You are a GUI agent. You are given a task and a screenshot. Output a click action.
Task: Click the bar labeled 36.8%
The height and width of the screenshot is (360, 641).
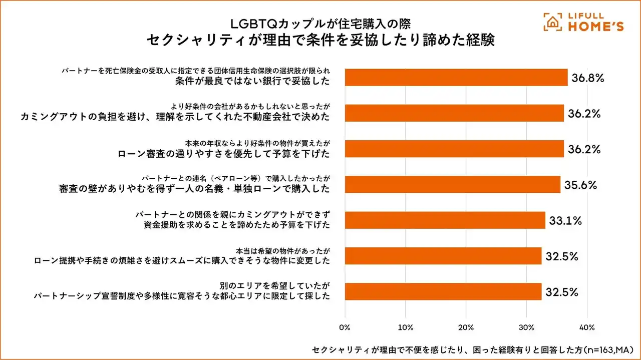point(456,78)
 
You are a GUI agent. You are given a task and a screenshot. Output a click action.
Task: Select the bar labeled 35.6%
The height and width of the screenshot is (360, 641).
point(453,184)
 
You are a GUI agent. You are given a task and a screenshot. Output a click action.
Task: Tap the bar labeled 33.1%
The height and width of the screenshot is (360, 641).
point(445,220)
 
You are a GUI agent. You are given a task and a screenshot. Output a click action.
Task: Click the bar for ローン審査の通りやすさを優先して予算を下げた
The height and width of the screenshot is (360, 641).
point(454,149)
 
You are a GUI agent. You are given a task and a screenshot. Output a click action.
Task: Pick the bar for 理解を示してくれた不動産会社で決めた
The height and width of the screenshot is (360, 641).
point(454,113)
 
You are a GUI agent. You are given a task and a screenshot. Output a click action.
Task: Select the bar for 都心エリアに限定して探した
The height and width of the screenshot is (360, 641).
point(443,291)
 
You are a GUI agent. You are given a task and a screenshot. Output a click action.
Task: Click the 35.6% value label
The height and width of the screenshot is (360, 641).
point(581,185)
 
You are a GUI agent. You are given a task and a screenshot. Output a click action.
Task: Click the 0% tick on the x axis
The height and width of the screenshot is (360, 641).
point(345,328)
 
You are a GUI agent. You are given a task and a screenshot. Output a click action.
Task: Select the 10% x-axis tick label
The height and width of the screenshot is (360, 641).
point(405,328)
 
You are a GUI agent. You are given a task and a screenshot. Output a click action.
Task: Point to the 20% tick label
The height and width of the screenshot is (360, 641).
point(466,328)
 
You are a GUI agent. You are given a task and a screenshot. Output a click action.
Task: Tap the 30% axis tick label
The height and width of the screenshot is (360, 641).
point(526,328)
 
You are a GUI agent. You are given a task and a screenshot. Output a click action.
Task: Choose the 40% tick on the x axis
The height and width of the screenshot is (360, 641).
point(586,328)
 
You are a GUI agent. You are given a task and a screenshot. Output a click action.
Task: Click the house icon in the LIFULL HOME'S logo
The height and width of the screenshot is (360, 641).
point(553,23)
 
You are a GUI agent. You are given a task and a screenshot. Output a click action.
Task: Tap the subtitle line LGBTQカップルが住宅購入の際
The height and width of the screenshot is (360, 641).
point(320,23)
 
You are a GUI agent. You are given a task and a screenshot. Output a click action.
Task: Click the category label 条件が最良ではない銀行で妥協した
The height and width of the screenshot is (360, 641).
point(253,82)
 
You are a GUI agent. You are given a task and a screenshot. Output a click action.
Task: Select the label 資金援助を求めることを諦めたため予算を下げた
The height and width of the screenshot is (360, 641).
point(237,225)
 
